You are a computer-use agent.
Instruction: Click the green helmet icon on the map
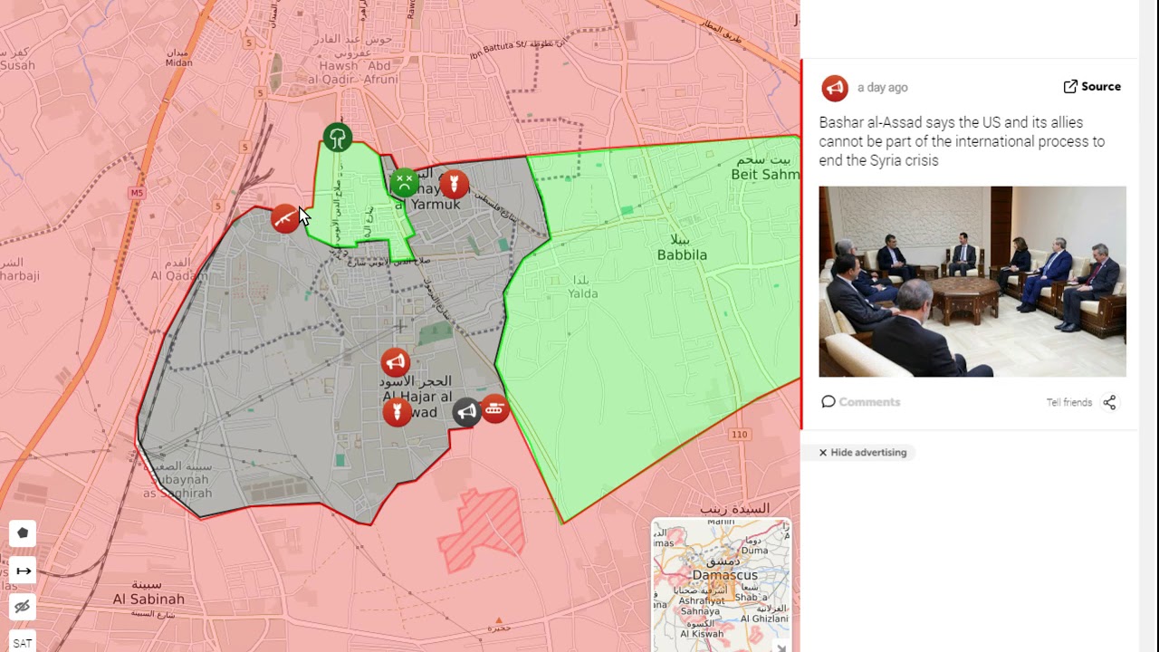point(338,139)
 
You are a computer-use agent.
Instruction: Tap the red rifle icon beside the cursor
point(285,218)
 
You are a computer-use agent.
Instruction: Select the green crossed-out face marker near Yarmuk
point(404,183)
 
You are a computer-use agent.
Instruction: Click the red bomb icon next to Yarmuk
point(454,185)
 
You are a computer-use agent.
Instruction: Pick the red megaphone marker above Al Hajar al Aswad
point(395,363)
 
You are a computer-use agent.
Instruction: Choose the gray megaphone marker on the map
point(466,413)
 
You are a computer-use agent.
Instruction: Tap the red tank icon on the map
point(494,408)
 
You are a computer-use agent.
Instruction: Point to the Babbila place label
point(682,254)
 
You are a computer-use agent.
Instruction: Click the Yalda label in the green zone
point(583,292)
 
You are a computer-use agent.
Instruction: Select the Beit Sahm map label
point(765,174)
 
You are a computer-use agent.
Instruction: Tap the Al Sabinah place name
point(148,599)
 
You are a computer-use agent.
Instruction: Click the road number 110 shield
point(740,435)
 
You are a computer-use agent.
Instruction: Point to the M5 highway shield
point(137,193)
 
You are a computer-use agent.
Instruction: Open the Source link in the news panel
point(1092,87)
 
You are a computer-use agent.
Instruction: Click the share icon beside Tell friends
point(1109,402)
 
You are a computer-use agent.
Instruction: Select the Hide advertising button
point(862,452)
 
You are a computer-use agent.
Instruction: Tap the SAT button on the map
point(23,643)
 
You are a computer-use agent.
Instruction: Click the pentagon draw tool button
point(24,533)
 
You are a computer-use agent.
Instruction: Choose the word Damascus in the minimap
point(724,575)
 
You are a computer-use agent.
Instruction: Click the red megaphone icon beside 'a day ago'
point(835,88)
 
